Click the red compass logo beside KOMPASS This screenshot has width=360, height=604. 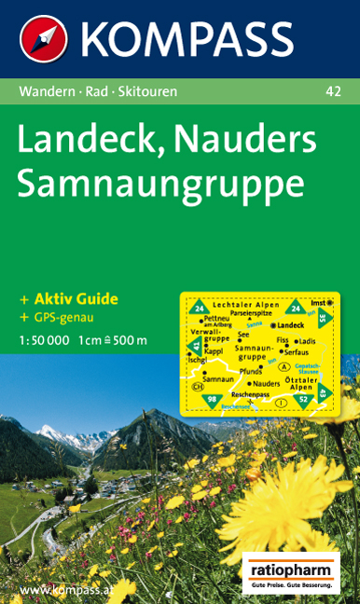tap(43, 40)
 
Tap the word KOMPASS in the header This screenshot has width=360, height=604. tap(187, 39)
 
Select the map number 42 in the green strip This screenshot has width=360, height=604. tap(333, 91)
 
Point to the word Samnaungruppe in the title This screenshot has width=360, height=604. tap(160, 182)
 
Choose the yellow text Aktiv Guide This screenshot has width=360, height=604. tap(76, 299)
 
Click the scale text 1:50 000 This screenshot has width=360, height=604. tap(43, 339)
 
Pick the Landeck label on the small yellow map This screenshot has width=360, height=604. tap(290, 324)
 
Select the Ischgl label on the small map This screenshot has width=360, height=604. tap(197, 360)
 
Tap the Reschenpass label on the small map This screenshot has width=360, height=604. tap(250, 394)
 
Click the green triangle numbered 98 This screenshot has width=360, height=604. tap(212, 400)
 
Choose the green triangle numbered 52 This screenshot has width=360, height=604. tap(302, 399)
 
